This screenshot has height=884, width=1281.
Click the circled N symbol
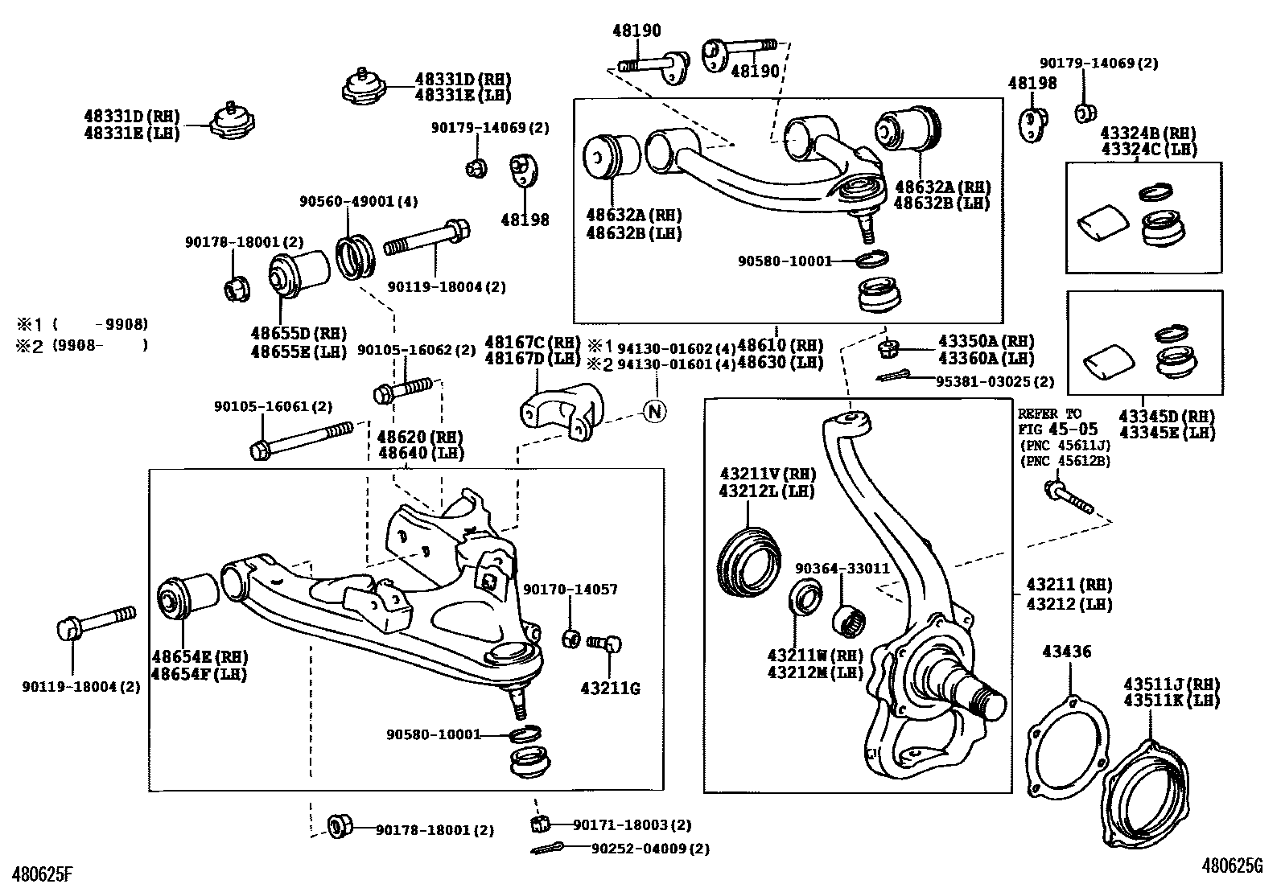pos(655,411)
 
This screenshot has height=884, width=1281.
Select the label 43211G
pos(610,689)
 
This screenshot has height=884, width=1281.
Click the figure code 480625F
pos(39,871)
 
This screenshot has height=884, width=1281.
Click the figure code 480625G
pos(1233,865)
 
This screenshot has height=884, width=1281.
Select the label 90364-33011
pos(842,568)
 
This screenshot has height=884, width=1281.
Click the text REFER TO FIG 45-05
pos(1052,422)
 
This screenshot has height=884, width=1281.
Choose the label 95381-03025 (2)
pos(995,381)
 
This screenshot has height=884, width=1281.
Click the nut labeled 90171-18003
pos(541,824)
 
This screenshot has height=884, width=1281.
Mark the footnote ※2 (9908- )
pos(83,345)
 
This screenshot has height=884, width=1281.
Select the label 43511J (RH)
pos(1171,685)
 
